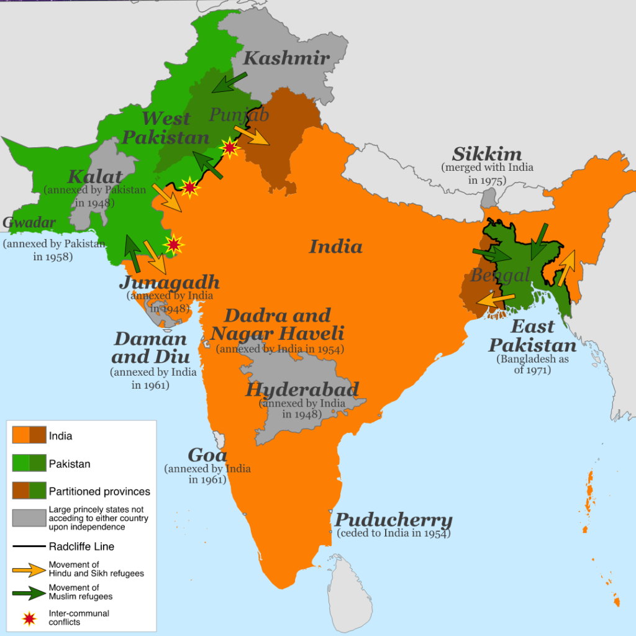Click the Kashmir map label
coord(286,58)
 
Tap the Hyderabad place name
coord(302,390)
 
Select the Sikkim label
coord(487,154)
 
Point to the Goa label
coord(207,455)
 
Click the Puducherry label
coord(394,520)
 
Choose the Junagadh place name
coord(169,283)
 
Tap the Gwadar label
coord(29,223)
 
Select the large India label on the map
coord(335,247)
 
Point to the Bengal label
coord(500,275)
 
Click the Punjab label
coord(239,115)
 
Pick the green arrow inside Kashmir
coord(229,81)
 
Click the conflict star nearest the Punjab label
coord(230,147)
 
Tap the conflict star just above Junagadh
coord(174,245)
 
